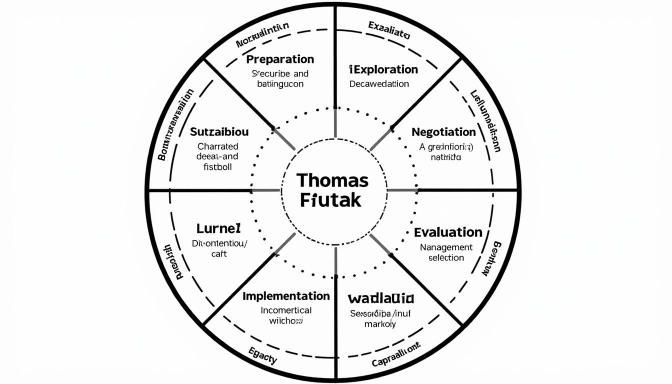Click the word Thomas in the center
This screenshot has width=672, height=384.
click(332, 180)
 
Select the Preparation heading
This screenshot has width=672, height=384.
click(280, 59)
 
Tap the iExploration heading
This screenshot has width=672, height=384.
click(382, 69)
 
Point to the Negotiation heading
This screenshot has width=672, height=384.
click(443, 132)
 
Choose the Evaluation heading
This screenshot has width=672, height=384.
click(448, 232)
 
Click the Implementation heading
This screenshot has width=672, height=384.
click(286, 295)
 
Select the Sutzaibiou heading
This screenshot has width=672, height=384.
click(219, 132)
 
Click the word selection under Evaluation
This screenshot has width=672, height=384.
click(446, 257)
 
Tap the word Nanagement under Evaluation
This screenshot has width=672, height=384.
click(446, 247)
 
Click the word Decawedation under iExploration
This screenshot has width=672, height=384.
click(379, 83)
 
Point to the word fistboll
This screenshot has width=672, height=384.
click(218, 166)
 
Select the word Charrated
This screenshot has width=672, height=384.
click(218, 146)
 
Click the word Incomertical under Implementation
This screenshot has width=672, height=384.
click(286, 310)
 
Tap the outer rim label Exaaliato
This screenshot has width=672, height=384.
click(389, 30)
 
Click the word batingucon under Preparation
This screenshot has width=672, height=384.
click(280, 83)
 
